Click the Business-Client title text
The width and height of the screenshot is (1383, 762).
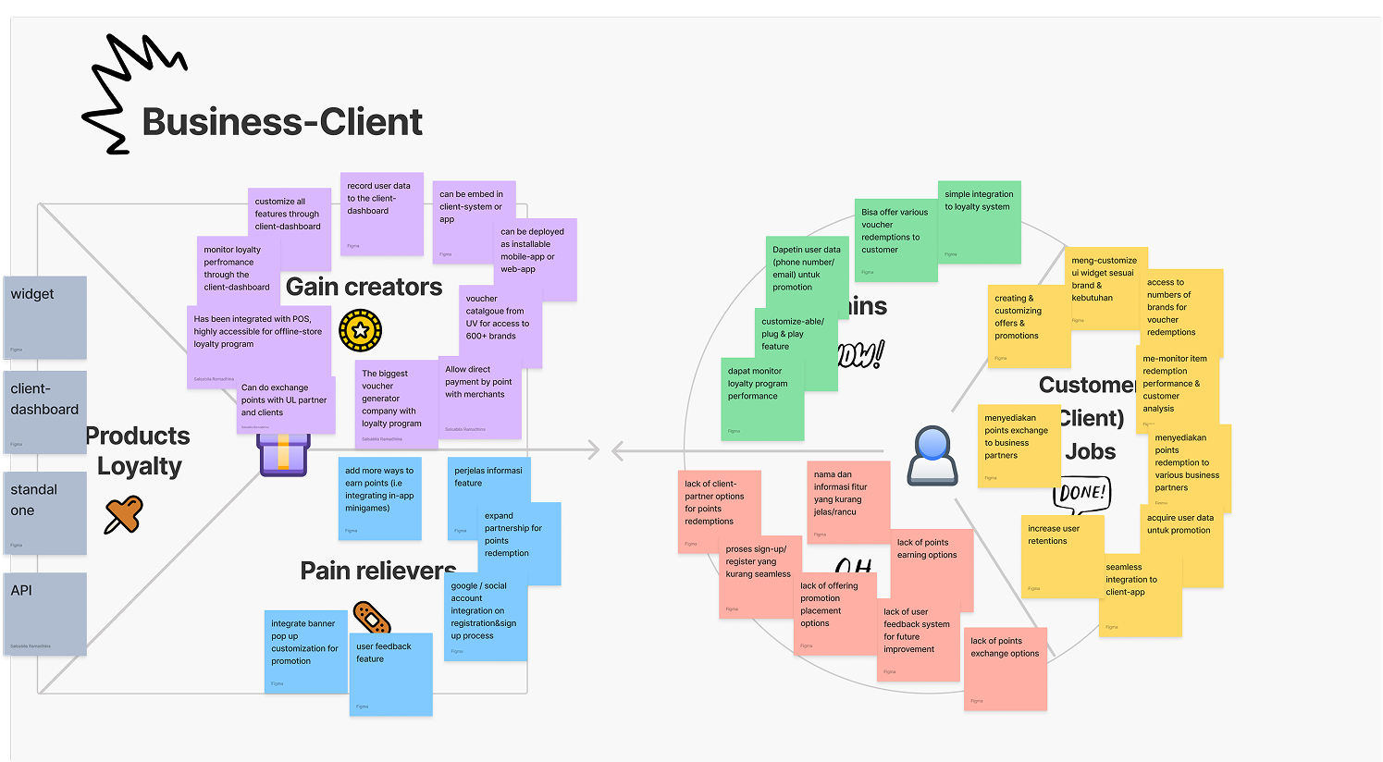(282, 122)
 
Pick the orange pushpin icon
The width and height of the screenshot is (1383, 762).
(123, 514)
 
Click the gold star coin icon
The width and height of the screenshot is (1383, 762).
(360, 330)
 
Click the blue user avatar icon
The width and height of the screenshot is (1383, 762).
(932, 455)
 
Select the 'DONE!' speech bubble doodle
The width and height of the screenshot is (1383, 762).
(1081, 493)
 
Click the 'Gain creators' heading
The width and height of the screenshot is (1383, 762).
(364, 288)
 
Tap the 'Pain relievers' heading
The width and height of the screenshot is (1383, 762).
(377, 571)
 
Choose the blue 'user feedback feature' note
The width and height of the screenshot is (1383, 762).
(391, 674)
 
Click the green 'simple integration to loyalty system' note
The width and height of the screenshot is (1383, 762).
(980, 222)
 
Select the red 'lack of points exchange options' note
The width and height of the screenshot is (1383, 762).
(1006, 670)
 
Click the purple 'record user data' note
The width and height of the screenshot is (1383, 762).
(382, 214)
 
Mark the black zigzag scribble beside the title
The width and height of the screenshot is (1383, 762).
(130, 92)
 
